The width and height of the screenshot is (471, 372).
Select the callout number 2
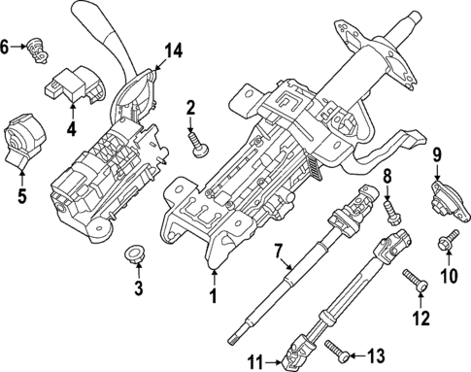click(191, 108)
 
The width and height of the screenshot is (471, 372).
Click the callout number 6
click(8, 45)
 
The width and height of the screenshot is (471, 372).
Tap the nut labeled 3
click(132, 256)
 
